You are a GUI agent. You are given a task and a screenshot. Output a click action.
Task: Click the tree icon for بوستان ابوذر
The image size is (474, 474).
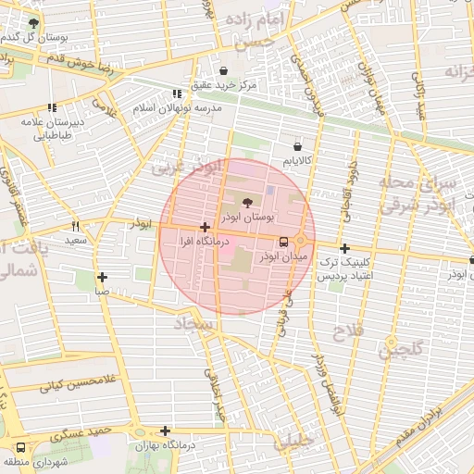(x=247, y=202)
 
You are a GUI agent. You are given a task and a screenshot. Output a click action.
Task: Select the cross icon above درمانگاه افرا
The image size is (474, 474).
(x=204, y=227)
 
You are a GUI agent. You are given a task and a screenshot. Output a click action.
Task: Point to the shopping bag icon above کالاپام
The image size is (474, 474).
(x=297, y=146)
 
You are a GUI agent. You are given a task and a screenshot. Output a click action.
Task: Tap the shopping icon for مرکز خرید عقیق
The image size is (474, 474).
(x=223, y=70)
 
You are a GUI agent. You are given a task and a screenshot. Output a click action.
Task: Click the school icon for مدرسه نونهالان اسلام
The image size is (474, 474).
(x=177, y=94)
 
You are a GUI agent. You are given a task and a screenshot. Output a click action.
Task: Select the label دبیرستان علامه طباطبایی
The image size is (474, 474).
(x=53, y=128)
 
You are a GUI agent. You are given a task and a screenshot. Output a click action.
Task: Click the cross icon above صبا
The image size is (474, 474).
(x=102, y=277)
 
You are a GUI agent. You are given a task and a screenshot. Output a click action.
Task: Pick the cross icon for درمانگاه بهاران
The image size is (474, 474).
(x=165, y=430)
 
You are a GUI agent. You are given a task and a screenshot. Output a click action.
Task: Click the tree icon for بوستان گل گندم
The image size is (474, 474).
(x=34, y=23)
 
